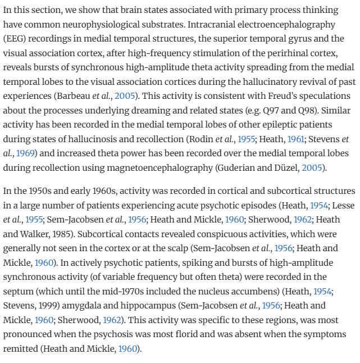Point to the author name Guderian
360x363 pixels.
[x=256, y=167]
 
